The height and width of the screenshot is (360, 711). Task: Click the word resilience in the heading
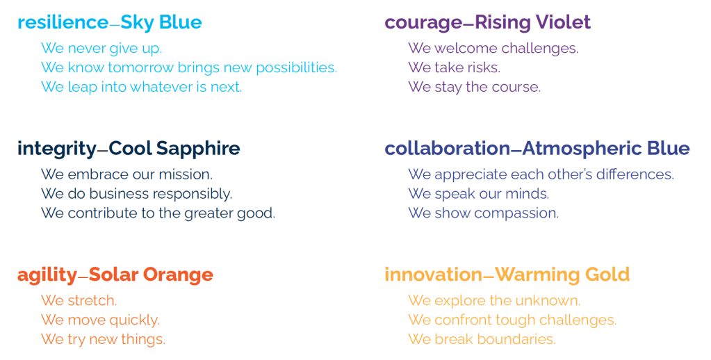tap(63, 22)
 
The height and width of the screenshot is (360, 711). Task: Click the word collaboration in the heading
tap(448, 149)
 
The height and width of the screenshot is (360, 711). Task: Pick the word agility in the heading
tap(47, 275)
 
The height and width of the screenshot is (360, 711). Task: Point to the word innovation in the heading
tap(433, 275)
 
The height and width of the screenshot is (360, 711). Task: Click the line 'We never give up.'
tap(101, 49)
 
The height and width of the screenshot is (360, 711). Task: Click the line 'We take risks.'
tap(455, 67)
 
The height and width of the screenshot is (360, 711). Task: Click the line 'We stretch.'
tap(79, 301)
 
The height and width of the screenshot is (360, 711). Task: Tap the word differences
tap(635, 174)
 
